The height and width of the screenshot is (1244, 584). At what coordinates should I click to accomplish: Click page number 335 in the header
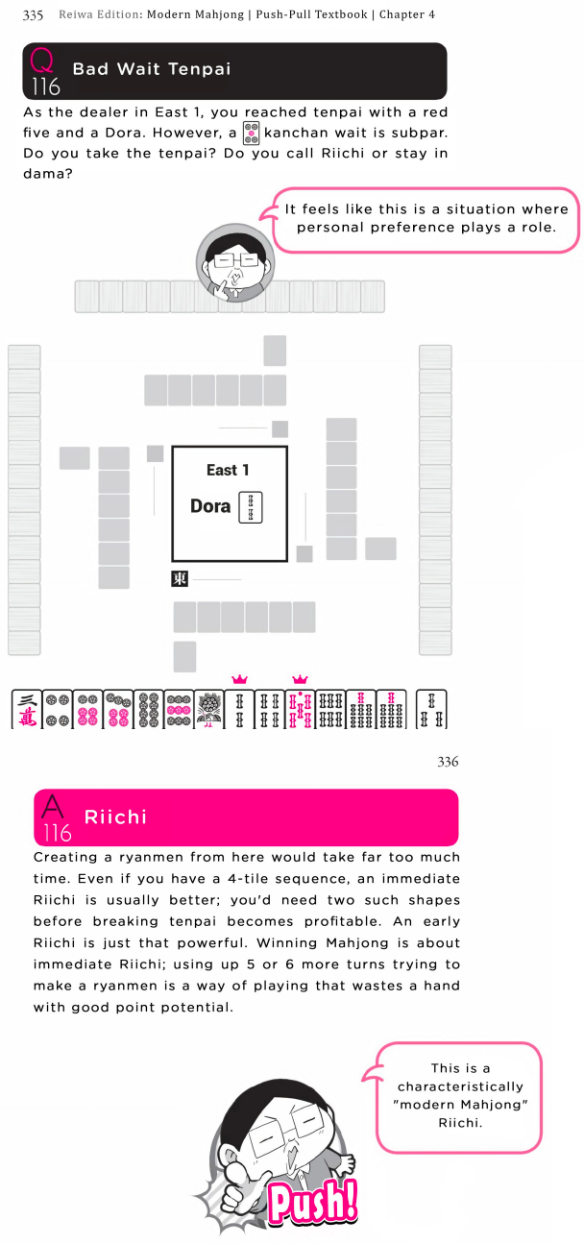(x=33, y=15)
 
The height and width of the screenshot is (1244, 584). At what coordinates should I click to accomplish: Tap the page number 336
(x=448, y=762)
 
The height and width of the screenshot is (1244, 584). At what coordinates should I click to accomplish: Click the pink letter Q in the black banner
(x=41, y=61)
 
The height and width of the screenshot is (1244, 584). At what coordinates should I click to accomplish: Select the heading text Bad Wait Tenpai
(x=152, y=69)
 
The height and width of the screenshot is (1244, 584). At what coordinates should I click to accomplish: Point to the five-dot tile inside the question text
(x=252, y=134)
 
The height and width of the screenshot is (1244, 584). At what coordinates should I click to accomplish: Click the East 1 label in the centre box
(x=228, y=471)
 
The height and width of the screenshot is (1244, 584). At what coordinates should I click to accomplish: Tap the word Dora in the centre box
(x=209, y=506)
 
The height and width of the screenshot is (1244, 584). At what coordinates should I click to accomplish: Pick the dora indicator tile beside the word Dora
(x=251, y=507)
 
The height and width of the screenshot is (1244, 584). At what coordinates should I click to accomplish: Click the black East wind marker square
(x=180, y=578)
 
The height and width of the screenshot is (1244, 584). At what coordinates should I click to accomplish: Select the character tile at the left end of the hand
(x=27, y=709)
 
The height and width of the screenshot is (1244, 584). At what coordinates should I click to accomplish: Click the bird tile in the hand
(x=208, y=709)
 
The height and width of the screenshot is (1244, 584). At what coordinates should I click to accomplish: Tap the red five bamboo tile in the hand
(x=300, y=709)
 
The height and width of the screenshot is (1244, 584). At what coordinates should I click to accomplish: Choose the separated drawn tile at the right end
(x=431, y=709)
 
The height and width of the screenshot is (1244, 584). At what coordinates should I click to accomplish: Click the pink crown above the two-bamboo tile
(x=239, y=679)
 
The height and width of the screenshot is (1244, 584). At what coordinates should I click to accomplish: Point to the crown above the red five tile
(x=300, y=679)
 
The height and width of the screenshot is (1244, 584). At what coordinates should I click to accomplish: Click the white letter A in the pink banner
(x=53, y=806)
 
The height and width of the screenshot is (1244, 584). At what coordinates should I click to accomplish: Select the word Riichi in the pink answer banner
(x=115, y=817)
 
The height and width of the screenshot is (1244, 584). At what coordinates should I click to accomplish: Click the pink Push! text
(x=313, y=1203)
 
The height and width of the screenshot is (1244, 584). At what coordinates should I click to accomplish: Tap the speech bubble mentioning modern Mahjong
(x=460, y=1096)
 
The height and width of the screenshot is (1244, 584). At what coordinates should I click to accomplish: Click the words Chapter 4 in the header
(x=407, y=15)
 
